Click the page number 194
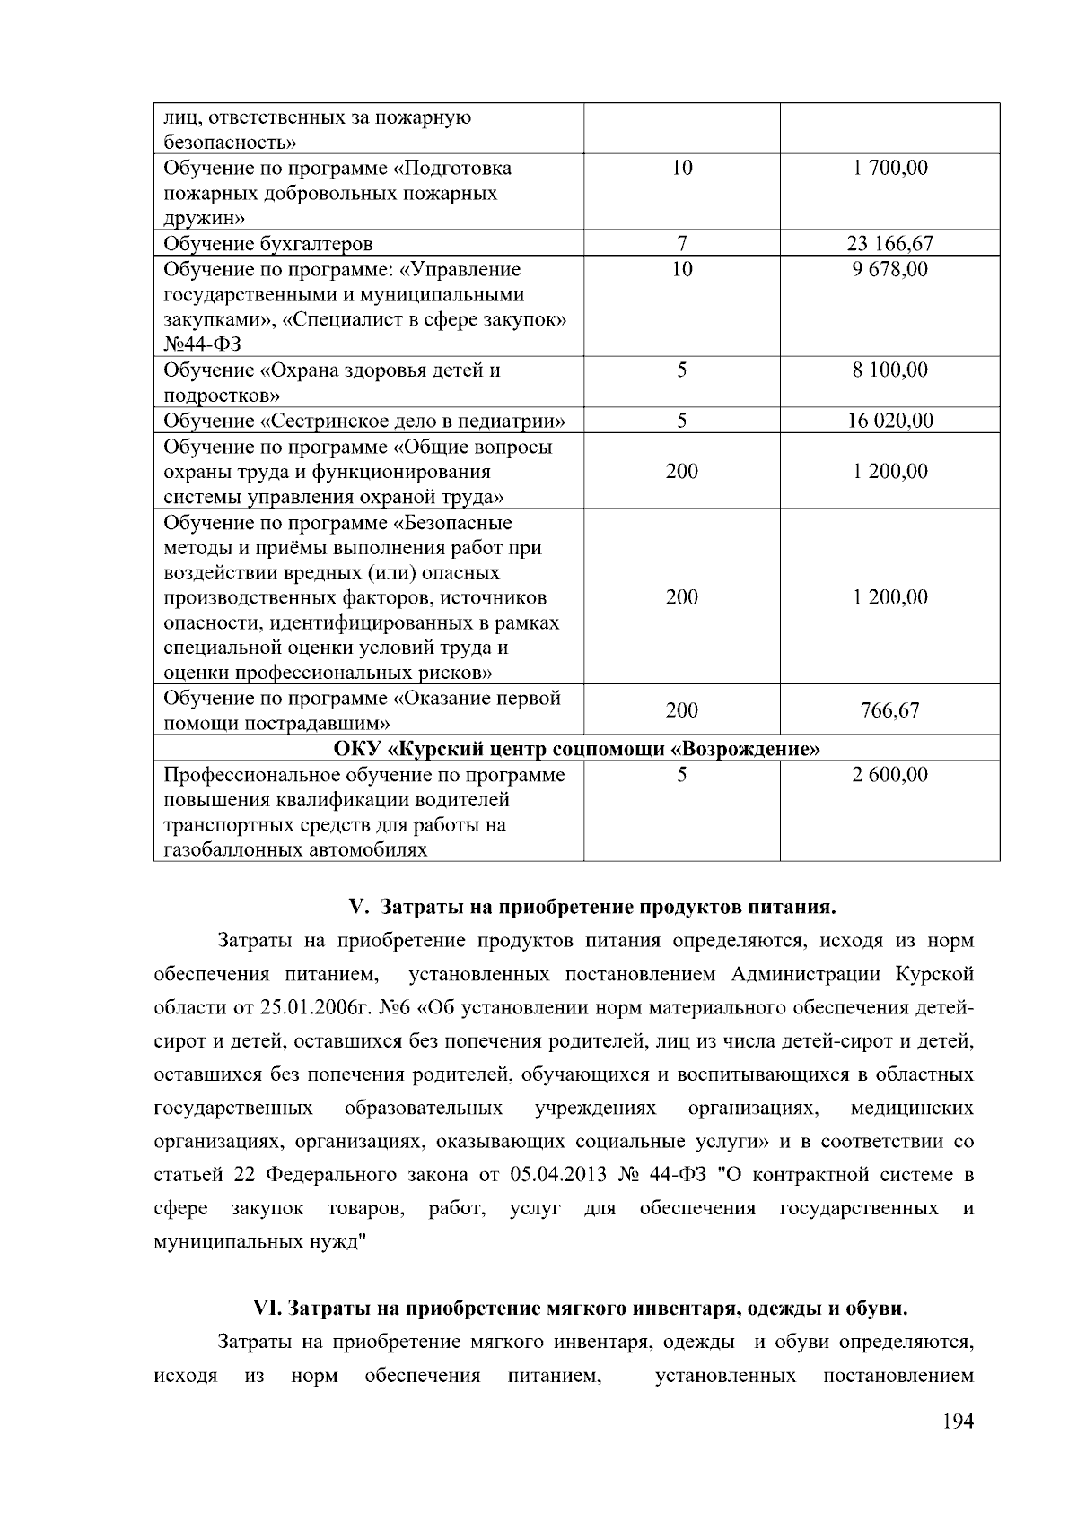pos(957,1422)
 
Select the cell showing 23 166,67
pos(889,243)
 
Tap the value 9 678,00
pos(889,269)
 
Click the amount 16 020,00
pos(889,421)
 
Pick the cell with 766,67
pos(889,710)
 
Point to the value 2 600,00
pos(889,775)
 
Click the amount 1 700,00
pos(889,168)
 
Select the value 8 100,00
pos(889,370)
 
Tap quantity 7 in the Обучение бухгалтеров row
pos(681,243)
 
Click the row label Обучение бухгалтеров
pos(267,244)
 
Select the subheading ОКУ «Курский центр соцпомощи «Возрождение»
pos(576,749)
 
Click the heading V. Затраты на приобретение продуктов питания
pos(591,907)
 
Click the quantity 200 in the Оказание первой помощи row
pos(681,710)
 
